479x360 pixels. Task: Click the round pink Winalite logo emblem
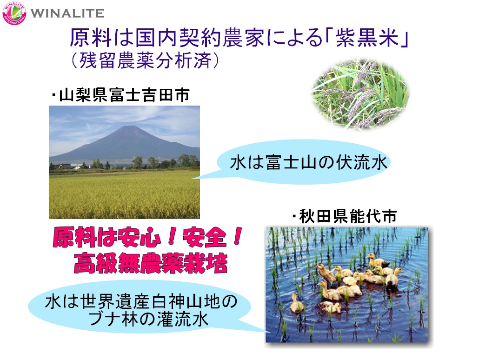(14, 13)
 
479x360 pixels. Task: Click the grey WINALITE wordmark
(67, 13)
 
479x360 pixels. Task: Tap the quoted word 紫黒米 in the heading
(367, 38)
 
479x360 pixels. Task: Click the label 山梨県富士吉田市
(124, 95)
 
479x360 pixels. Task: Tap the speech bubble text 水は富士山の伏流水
(308, 162)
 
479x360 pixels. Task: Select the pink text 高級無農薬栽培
(151, 263)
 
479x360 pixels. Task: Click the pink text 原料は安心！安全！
(147, 238)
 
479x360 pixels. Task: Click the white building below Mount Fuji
(76, 167)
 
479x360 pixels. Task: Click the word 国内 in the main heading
(157, 38)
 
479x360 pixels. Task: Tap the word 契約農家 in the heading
(222, 38)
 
